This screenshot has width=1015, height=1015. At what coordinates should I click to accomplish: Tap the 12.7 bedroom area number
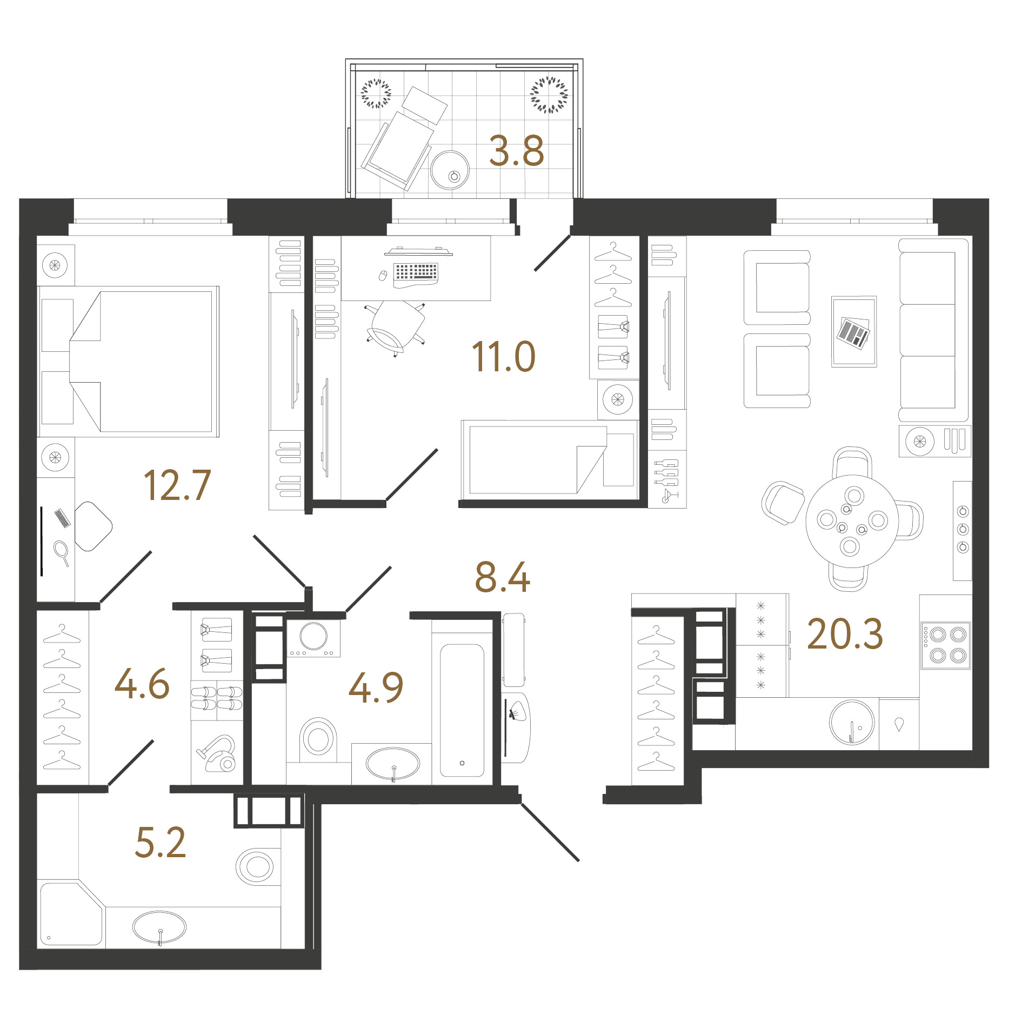(177, 485)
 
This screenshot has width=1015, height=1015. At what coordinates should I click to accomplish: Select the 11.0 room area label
(503, 357)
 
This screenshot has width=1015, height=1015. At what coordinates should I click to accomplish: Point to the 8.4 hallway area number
(502, 577)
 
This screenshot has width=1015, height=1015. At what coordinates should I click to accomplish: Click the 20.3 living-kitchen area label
(845, 633)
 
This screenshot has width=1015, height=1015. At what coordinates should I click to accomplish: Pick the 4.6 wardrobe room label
(142, 684)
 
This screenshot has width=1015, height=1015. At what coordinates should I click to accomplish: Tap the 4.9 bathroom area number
(376, 687)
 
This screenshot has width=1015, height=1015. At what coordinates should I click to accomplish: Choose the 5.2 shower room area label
(161, 842)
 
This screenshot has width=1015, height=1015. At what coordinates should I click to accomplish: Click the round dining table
(852, 521)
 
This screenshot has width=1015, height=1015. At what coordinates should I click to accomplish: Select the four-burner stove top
(946, 645)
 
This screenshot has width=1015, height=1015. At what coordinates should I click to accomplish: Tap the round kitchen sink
(852, 722)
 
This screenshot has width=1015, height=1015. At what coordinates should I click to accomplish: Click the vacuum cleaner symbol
(218, 753)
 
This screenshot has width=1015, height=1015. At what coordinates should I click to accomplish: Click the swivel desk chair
(396, 327)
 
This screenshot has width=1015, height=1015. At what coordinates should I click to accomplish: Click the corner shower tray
(71, 913)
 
